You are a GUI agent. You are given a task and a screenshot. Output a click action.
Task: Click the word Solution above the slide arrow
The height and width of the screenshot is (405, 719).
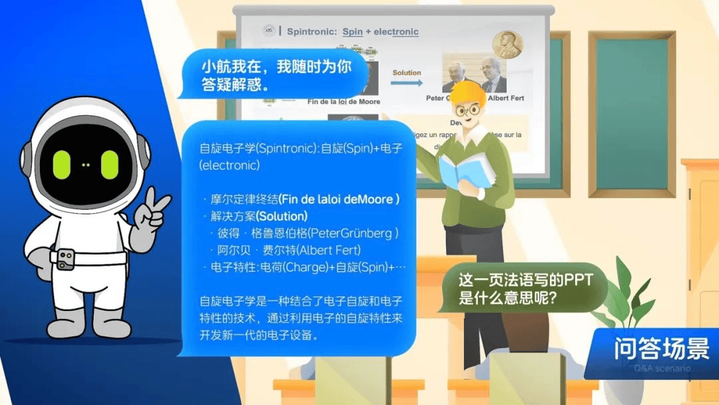pyautogui.click(x=407, y=73)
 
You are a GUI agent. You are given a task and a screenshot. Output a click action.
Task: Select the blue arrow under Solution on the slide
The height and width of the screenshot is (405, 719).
pyautogui.click(x=407, y=83)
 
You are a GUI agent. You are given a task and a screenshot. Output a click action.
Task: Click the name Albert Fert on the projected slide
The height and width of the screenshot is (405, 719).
pyautogui.click(x=506, y=98)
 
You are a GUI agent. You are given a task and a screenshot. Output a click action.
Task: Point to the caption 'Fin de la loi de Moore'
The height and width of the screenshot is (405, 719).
pyautogui.click(x=344, y=101)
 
